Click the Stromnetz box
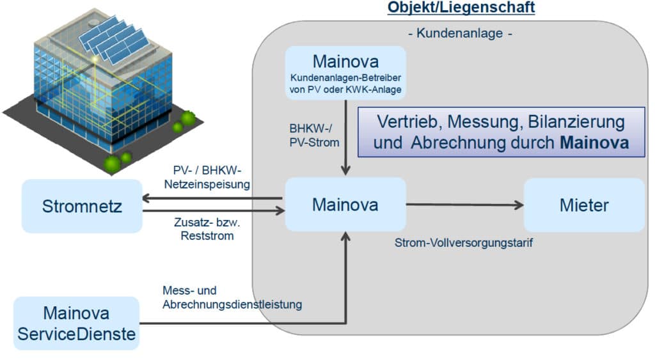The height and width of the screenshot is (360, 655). click(x=82, y=206)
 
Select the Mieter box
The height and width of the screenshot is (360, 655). click(x=584, y=205)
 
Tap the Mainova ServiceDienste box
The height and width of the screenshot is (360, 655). click(x=76, y=324)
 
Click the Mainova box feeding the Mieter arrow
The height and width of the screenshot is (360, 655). click(x=345, y=205)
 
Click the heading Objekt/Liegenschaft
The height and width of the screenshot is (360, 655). click(x=461, y=8)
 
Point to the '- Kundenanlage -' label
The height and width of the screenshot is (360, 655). click(x=460, y=33)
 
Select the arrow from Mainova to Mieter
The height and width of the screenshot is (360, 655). click(x=464, y=205)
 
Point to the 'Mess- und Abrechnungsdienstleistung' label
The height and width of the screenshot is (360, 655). click(x=232, y=298)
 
